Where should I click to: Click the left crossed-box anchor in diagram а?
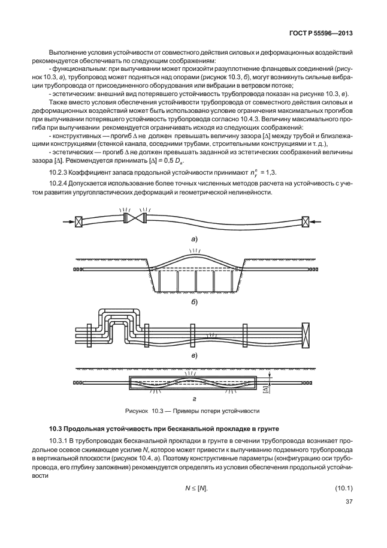tap(77, 222)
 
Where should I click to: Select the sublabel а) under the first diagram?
tap(194, 239)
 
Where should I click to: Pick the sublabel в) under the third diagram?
tap(194, 355)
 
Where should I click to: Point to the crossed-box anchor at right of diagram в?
tap(306, 333)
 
